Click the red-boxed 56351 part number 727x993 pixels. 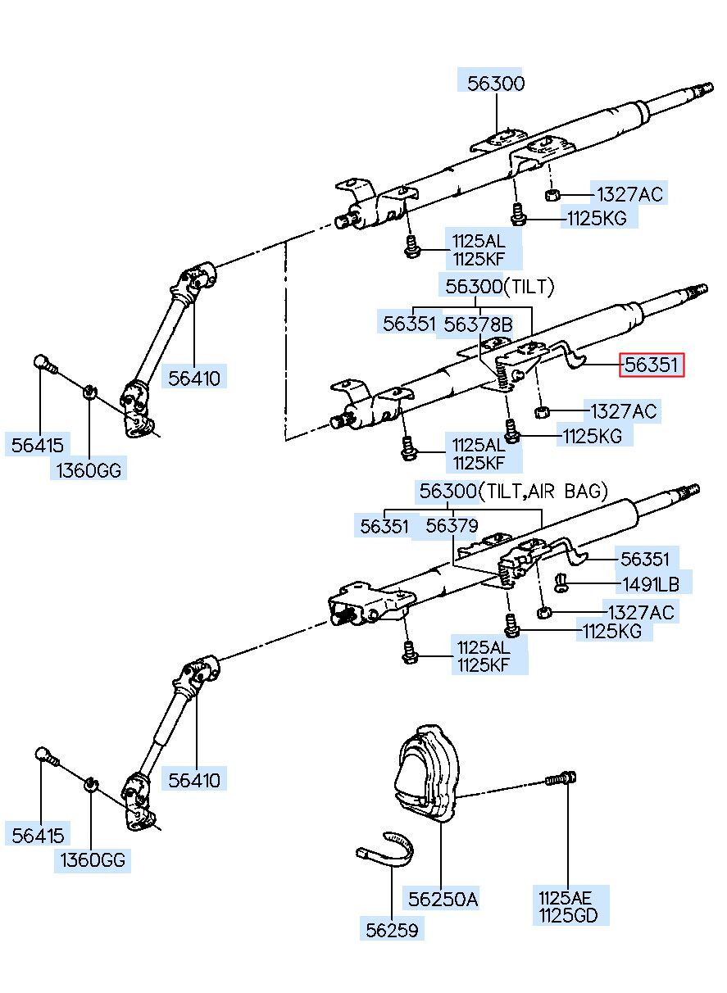click(651, 365)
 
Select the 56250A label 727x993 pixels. click(443, 900)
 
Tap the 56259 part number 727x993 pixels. click(392, 930)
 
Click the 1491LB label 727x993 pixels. click(651, 585)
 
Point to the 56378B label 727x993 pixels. click(478, 324)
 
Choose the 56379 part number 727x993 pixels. click(452, 526)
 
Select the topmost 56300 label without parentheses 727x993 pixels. click(496, 84)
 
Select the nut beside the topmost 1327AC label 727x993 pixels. click(552, 195)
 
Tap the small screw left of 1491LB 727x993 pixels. click(561, 583)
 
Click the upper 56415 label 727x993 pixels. click(38, 445)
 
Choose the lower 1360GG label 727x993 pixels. click(93, 859)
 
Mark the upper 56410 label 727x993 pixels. click(194, 379)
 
